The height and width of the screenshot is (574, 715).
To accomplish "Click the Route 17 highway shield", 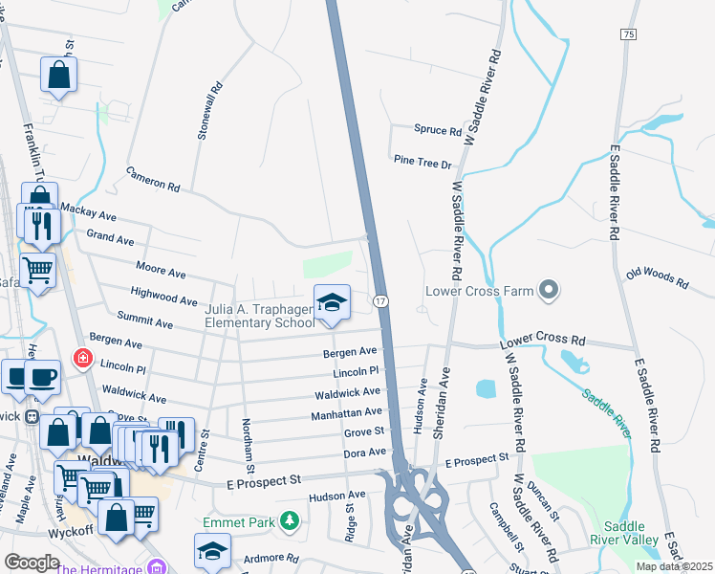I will (x=379, y=301).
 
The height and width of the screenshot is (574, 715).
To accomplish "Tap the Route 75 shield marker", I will (x=627, y=34).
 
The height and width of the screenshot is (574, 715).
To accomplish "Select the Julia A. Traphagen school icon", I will (x=332, y=303).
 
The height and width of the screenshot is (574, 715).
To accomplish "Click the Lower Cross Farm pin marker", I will (x=548, y=289).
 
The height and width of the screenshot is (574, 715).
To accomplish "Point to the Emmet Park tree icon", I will (x=287, y=521).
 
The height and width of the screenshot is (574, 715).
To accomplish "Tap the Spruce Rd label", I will (x=438, y=130).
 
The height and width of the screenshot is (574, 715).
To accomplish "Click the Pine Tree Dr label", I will (x=422, y=163).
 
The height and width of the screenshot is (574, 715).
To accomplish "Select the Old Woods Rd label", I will (x=657, y=278).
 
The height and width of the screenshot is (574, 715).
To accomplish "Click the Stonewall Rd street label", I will (x=209, y=111).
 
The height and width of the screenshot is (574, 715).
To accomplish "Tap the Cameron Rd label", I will (x=153, y=177).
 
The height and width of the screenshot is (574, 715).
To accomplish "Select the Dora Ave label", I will (x=365, y=452).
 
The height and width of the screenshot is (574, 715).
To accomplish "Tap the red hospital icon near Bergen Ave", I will (x=84, y=359).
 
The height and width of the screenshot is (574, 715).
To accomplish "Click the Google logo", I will (x=32, y=562).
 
